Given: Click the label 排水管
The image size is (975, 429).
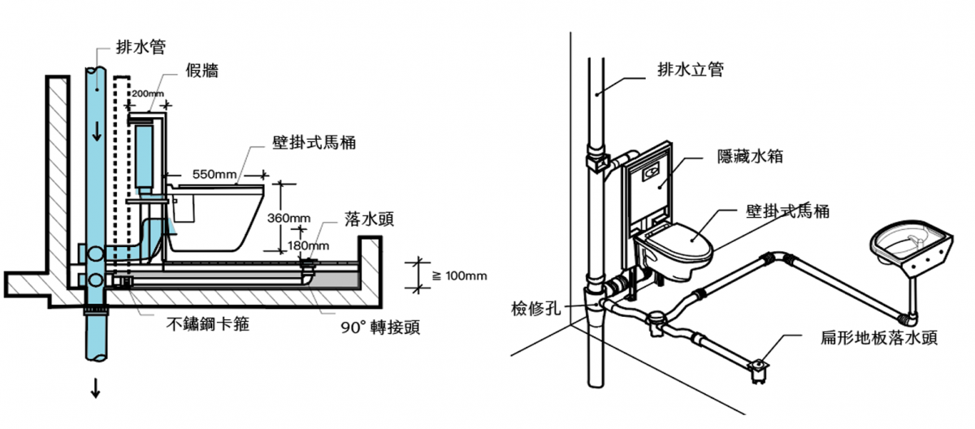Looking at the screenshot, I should (141, 48).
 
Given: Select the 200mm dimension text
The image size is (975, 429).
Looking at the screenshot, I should (147, 94).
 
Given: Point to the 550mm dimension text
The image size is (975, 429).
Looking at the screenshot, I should (214, 174).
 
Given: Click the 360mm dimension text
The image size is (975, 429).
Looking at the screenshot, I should (288, 218).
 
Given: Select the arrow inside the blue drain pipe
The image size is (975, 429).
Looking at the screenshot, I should (97, 130).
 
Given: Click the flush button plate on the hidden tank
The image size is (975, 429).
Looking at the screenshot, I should (651, 172).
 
